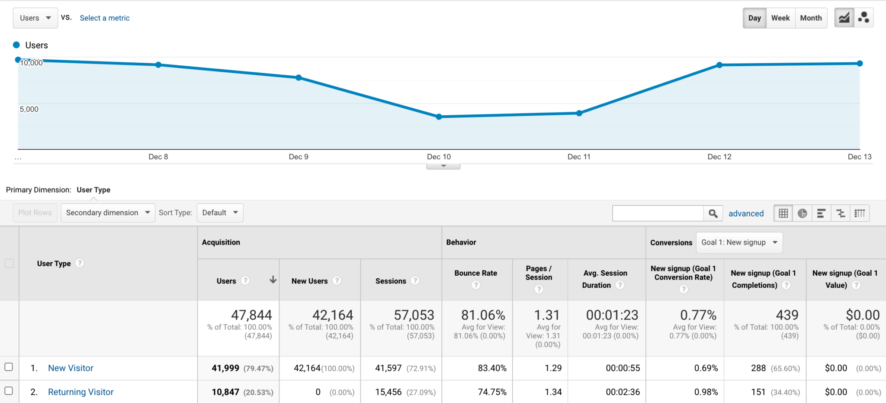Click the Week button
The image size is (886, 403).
point(780,18)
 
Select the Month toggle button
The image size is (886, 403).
point(811,18)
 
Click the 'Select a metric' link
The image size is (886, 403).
point(105,18)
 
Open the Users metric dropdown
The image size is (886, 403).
point(35,18)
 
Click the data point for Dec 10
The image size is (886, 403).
point(439,117)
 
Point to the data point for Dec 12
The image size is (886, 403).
point(719,65)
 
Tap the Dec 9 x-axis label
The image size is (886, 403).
point(299,157)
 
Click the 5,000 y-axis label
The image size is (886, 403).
point(29,110)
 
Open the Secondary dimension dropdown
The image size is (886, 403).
point(108,213)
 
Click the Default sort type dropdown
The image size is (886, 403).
point(220,213)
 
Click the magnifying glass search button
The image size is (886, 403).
point(713,213)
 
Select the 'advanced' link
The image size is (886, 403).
point(746,213)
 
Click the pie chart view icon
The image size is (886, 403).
point(802,213)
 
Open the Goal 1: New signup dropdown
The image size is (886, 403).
point(739,242)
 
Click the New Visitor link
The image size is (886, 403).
point(71,368)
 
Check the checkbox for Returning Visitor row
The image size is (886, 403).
point(9,391)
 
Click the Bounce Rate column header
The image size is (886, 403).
point(475,273)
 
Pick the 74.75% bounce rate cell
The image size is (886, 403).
point(492,392)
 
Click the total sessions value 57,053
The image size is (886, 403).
point(414,315)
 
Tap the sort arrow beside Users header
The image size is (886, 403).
point(273,280)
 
